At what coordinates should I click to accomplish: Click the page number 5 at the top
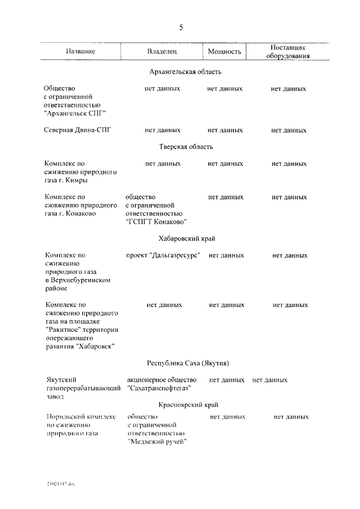point(180,28)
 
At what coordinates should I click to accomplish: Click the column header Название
point(80,51)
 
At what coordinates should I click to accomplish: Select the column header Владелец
point(162,51)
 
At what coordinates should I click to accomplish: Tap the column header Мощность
point(224,51)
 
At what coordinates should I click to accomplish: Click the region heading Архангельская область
point(186,71)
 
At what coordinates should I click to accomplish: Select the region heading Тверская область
point(186,147)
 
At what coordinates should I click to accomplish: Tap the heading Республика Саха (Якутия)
point(188,363)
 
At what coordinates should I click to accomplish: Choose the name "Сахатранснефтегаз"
point(160,389)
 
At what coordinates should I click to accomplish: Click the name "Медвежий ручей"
point(157,442)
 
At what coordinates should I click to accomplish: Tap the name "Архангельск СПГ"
point(75,112)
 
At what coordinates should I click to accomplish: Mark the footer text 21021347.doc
point(60,483)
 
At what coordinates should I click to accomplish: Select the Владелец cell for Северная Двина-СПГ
point(163,130)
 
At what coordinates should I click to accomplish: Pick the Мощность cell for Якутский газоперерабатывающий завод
point(227,380)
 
